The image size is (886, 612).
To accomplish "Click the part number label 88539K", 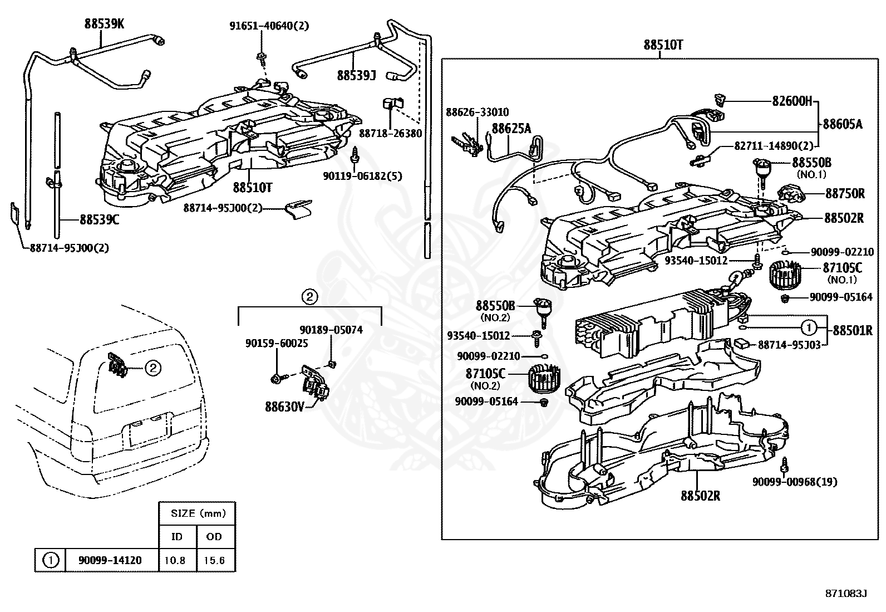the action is point(104,24).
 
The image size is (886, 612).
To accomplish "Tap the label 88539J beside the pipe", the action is point(356,75).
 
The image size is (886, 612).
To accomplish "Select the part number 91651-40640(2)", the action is point(269,26).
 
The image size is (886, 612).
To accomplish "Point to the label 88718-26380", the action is point(390,134).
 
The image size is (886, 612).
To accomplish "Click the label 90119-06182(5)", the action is point(362,176).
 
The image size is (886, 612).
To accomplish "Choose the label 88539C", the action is point(99,219).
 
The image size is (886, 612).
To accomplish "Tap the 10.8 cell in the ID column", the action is point(175,560).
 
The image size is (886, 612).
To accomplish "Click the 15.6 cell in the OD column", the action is point(214,560).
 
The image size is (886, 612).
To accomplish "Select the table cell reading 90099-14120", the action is point(110,560).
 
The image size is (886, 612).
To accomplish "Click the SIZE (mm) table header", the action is point(198,513).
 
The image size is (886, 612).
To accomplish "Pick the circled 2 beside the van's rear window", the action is point(153,368).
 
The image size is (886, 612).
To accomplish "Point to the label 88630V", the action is point(284,407).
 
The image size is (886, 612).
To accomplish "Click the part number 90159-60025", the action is point(277,343).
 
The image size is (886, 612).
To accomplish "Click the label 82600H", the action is point(792,101).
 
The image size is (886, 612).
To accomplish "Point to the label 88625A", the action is point(511,128).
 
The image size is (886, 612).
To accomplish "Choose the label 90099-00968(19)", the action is point(795,482).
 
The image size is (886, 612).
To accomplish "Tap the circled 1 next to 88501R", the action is point(809,327).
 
